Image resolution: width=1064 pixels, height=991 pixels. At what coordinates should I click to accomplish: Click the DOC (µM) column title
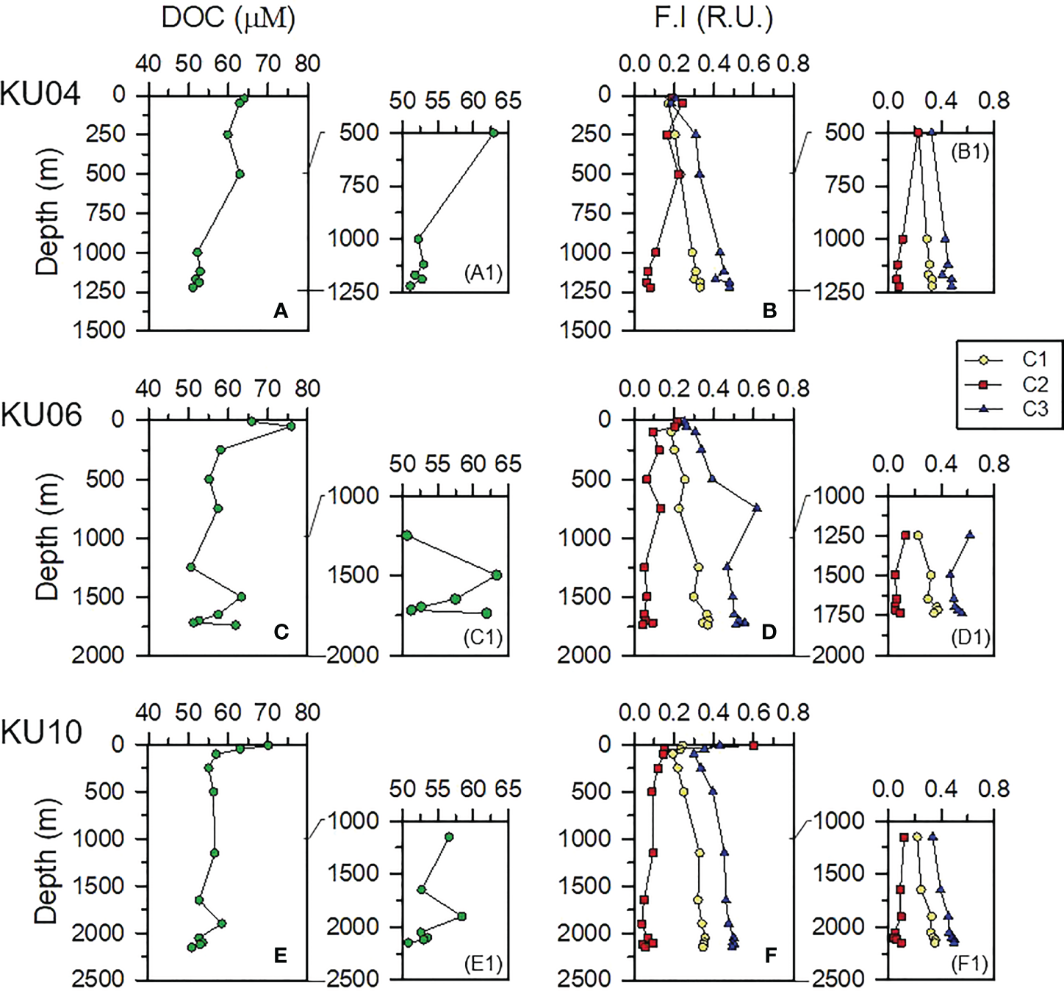pyautogui.click(x=228, y=18)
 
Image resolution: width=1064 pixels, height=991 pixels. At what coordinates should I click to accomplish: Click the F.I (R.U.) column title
pyautogui.click(x=713, y=18)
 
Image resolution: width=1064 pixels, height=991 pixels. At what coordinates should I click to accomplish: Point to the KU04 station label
pyautogui.click(x=40, y=94)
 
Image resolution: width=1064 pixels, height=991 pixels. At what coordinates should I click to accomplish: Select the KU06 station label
pyautogui.click(x=41, y=416)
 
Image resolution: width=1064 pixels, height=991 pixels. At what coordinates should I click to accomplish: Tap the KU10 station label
pyautogui.click(x=41, y=732)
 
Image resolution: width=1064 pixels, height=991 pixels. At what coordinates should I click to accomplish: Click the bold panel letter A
pyautogui.click(x=280, y=311)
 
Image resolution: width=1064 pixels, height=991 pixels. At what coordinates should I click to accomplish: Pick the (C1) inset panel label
pyautogui.click(x=483, y=637)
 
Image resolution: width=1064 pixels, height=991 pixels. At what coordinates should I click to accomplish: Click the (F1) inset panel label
pyautogui.click(x=969, y=963)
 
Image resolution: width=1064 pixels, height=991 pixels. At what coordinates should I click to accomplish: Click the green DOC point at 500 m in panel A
pyautogui.click(x=240, y=174)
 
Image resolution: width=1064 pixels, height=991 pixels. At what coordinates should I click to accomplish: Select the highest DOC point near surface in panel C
pyautogui.click(x=291, y=426)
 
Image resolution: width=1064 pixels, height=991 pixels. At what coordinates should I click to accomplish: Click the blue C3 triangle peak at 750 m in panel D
pyautogui.click(x=757, y=508)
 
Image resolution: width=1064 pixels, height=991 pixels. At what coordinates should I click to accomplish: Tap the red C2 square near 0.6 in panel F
pyautogui.click(x=753, y=746)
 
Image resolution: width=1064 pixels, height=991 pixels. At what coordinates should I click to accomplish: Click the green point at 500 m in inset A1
pyautogui.click(x=494, y=133)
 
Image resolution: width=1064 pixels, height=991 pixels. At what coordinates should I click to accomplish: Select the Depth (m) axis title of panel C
pyautogui.click(x=47, y=538)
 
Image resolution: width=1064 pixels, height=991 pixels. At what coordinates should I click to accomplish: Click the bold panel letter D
pyautogui.click(x=769, y=633)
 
